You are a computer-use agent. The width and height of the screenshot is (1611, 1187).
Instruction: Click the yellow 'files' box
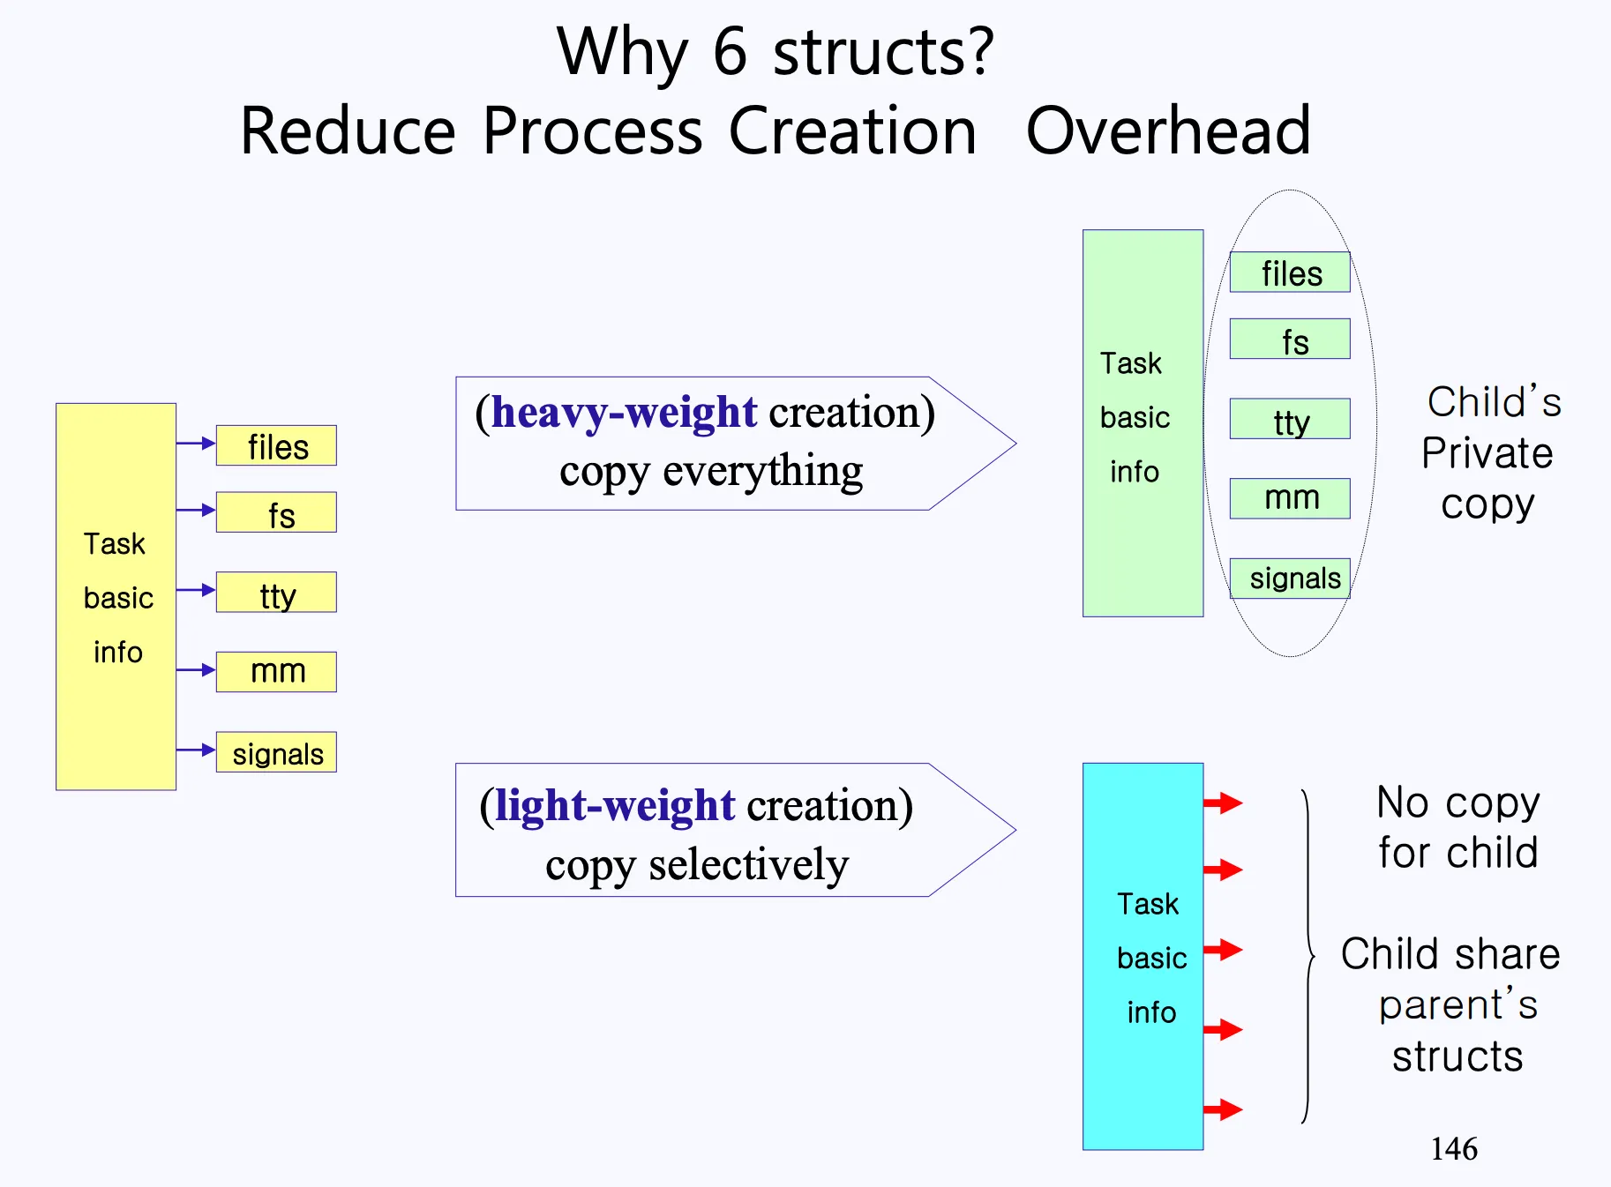[x=276, y=445]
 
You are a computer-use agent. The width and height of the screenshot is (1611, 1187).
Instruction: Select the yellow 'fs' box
[x=276, y=512]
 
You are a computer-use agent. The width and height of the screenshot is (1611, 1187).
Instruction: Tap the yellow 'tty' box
[x=276, y=592]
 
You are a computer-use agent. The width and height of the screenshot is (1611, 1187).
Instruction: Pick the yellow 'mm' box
[x=276, y=672]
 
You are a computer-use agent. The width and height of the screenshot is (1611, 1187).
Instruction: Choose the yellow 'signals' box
[x=276, y=752]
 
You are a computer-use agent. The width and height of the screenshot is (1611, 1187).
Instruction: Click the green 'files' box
[x=1290, y=272]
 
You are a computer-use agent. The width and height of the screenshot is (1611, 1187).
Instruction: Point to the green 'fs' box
[x=1290, y=339]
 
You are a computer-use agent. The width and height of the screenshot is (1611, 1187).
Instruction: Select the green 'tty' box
[x=1290, y=419]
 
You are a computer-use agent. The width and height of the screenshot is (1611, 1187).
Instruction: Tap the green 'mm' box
[x=1290, y=498]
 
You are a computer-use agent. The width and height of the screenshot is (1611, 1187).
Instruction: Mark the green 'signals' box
[x=1290, y=579]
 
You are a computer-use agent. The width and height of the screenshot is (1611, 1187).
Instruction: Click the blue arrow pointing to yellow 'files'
[x=196, y=443]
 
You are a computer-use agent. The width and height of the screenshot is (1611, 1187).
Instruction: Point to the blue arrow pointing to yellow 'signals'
[x=196, y=750]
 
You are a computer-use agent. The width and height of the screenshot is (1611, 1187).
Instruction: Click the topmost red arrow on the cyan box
[x=1223, y=803]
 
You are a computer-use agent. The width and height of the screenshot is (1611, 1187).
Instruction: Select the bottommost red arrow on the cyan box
[x=1223, y=1109]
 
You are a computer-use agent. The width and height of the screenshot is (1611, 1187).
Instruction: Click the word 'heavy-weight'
[x=625, y=412]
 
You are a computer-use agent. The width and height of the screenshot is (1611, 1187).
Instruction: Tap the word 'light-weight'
[x=615, y=805]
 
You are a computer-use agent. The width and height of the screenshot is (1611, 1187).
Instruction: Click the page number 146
[x=1454, y=1149]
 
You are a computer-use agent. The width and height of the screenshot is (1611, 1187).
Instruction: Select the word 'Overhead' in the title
[x=1169, y=131]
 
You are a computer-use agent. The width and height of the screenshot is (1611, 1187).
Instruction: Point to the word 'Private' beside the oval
[x=1487, y=453]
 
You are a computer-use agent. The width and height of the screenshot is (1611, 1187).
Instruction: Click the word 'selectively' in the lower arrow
[x=748, y=865]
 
